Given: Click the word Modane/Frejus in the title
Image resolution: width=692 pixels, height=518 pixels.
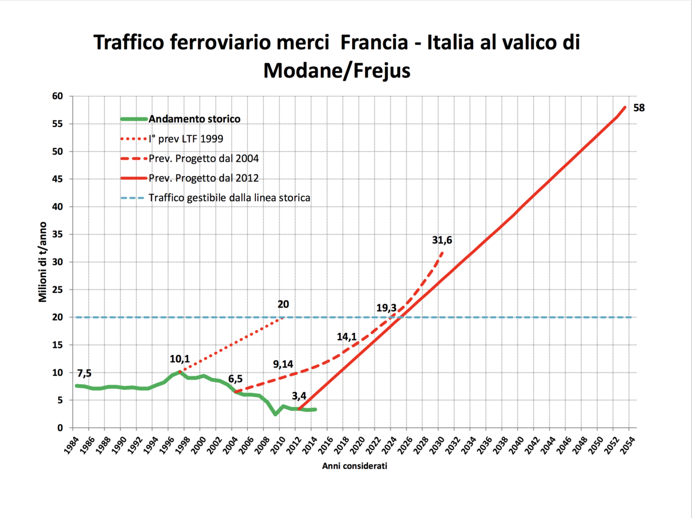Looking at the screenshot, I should (x=337, y=70).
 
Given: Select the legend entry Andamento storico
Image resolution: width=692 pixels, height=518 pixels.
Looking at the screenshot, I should (x=194, y=119).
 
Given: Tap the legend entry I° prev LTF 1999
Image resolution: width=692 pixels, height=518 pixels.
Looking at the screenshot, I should (x=186, y=139).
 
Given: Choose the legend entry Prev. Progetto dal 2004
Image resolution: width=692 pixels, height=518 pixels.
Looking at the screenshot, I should (x=203, y=158).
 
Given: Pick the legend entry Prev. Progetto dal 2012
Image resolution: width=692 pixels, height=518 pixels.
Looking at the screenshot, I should (x=203, y=178).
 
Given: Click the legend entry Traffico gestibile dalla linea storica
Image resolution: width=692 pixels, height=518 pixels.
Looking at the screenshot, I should (x=229, y=198).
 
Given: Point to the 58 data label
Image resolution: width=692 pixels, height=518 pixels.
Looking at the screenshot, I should (x=639, y=108).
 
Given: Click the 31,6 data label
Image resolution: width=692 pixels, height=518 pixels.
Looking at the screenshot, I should (x=442, y=240).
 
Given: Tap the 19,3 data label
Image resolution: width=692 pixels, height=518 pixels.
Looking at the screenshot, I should (x=386, y=308).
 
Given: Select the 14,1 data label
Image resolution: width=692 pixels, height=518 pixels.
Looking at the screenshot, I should (x=347, y=337).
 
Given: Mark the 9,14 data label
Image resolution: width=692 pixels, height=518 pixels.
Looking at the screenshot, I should (x=283, y=364).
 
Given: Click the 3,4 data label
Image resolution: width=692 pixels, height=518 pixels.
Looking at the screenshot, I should (x=299, y=396).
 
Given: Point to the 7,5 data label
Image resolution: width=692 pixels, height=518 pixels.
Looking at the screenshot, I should (x=84, y=373).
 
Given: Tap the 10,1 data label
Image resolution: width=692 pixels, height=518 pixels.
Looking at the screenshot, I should (x=179, y=359).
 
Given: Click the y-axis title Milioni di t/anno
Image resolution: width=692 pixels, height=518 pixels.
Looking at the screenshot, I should (x=42, y=262).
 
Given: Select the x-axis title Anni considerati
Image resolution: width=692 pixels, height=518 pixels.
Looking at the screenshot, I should (x=354, y=466).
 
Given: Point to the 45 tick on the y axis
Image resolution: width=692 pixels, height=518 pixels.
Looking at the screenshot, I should (x=57, y=179).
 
